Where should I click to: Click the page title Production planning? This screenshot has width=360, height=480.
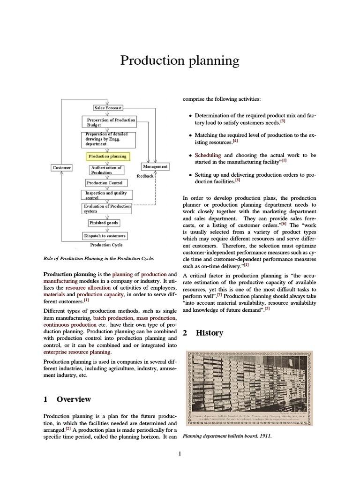(180, 60)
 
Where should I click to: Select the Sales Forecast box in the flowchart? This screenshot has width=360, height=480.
(108, 108)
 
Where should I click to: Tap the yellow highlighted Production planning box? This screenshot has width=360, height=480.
(107, 156)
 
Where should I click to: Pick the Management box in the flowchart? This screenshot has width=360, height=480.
(155, 166)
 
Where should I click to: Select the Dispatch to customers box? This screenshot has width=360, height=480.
(105, 236)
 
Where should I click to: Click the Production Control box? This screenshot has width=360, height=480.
(105, 183)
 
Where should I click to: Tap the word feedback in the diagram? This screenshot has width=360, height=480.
(145, 176)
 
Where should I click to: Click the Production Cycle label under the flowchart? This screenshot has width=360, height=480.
(107, 245)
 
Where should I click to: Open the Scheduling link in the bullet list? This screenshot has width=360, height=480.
(208, 155)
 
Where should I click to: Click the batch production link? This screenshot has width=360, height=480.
(112, 318)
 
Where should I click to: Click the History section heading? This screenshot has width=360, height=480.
(210, 333)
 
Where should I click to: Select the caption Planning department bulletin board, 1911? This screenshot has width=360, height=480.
(227, 436)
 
